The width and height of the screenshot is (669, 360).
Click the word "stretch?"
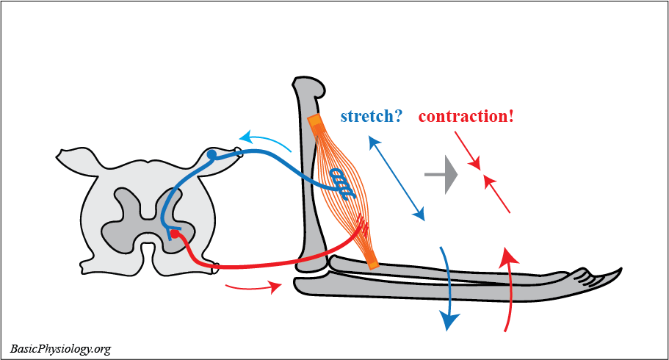[x=371, y=115]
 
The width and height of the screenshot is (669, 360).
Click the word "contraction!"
[x=466, y=115]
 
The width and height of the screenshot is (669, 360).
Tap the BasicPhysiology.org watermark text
[x=60, y=348]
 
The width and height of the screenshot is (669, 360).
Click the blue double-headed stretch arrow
[x=397, y=178]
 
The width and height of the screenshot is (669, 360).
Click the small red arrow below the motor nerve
[x=253, y=286]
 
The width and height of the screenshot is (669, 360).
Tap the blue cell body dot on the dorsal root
[x=211, y=155]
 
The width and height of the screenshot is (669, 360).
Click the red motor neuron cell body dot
[x=174, y=234]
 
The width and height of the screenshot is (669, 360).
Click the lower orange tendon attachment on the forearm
[x=372, y=259]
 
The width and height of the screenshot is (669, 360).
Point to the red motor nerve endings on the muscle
[x=361, y=223]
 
